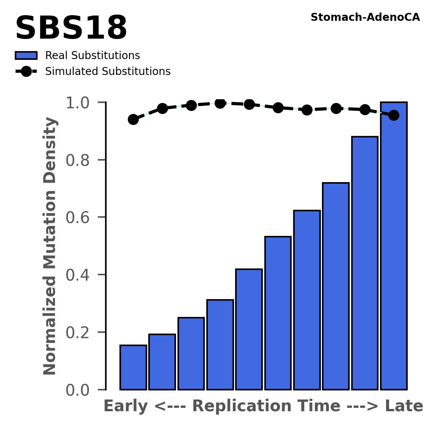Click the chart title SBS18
(x=71, y=29)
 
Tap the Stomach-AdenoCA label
(x=365, y=17)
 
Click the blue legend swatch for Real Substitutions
(x=26, y=56)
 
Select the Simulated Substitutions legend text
(x=108, y=72)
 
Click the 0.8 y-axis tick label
(x=80, y=161)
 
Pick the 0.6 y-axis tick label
(x=80, y=218)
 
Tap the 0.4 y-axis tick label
(x=80, y=275)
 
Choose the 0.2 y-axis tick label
(x=80, y=333)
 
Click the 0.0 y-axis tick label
(x=80, y=390)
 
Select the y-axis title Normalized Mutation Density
(x=50, y=246)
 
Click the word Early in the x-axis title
(x=126, y=407)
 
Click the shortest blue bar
(x=133, y=367)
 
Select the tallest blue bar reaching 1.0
(x=394, y=246)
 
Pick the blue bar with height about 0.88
(x=365, y=263)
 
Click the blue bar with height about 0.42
(x=249, y=329)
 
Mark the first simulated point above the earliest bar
(x=133, y=120)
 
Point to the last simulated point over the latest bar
(x=394, y=115)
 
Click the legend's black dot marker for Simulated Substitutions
(x=26, y=72)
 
